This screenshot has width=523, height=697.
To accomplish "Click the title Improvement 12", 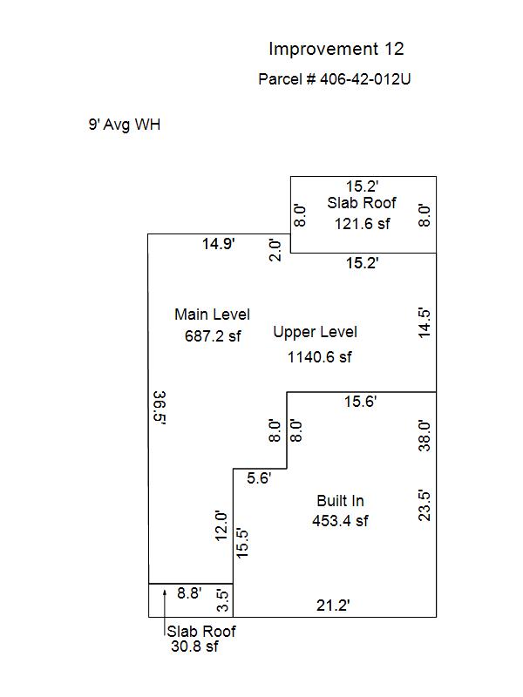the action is pyautogui.click(x=336, y=49).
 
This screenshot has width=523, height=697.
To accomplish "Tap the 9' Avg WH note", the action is pyautogui.click(x=125, y=125).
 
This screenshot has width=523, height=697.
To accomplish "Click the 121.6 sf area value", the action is pyautogui.click(x=362, y=224).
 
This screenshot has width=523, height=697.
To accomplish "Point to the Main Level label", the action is pyautogui.click(x=212, y=315).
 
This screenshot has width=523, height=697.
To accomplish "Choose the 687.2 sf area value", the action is pyautogui.click(x=213, y=336).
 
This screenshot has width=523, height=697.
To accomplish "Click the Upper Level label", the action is pyautogui.click(x=315, y=333).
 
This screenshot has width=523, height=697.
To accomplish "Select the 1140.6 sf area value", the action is pyautogui.click(x=319, y=357).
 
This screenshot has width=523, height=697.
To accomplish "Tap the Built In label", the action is pyautogui.click(x=340, y=501).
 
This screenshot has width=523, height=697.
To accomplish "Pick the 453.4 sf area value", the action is pyautogui.click(x=340, y=520).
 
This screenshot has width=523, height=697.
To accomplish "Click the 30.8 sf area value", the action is pyautogui.click(x=194, y=646).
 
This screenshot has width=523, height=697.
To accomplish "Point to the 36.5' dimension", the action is pyautogui.click(x=160, y=408).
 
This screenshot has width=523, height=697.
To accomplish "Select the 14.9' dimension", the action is pyautogui.click(x=219, y=244).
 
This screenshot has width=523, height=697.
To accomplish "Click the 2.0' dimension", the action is pyautogui.click(x=275, y=250).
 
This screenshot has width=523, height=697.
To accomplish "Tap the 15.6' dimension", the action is pyautogui.click(x=360, y=402).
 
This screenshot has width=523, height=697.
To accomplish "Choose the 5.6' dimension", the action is pyautogui.click(x=259, y=478).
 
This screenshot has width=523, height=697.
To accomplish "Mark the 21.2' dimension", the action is pyautogui.click(x=333, y=606).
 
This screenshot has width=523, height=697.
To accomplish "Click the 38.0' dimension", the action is pyautogui.click(x=425, y=436).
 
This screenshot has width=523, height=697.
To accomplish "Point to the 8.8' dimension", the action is pyautogui.click(x=189, y=593).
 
